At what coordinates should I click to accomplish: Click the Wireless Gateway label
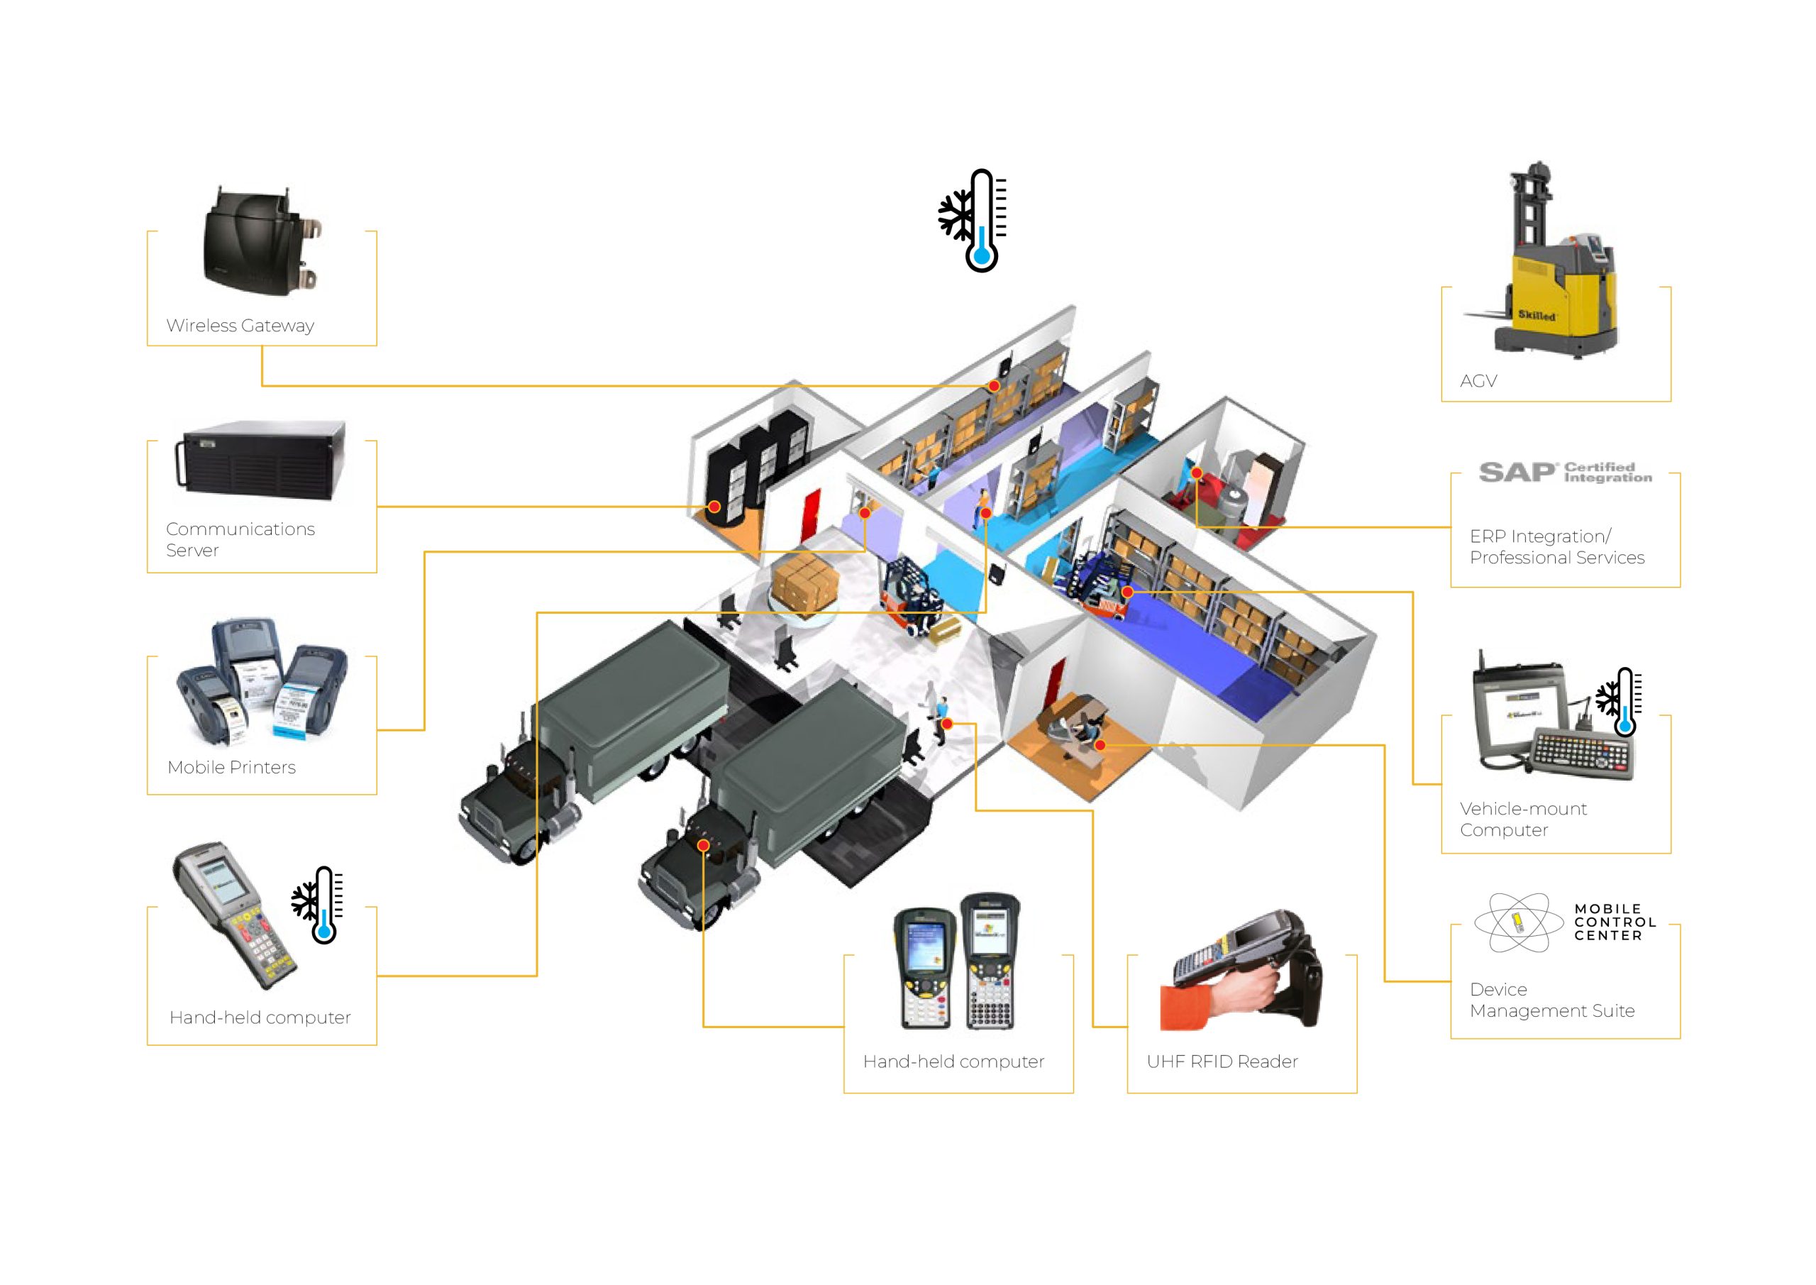click(x=240, y=325)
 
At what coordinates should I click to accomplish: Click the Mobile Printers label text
click(x=231, y=767)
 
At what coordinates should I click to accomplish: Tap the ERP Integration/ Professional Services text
click(x=1556, y=547)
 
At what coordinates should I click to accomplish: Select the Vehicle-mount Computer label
click(x=1522, y=819)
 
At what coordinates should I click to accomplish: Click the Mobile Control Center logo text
click(x=1615, y=922)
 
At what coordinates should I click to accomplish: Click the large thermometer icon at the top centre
click(x=977, y=221)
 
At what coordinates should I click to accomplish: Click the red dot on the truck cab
click(x=703, y=845)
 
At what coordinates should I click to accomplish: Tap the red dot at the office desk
click(x=1100, y=745)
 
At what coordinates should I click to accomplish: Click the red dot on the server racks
click(x=714, y=507)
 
